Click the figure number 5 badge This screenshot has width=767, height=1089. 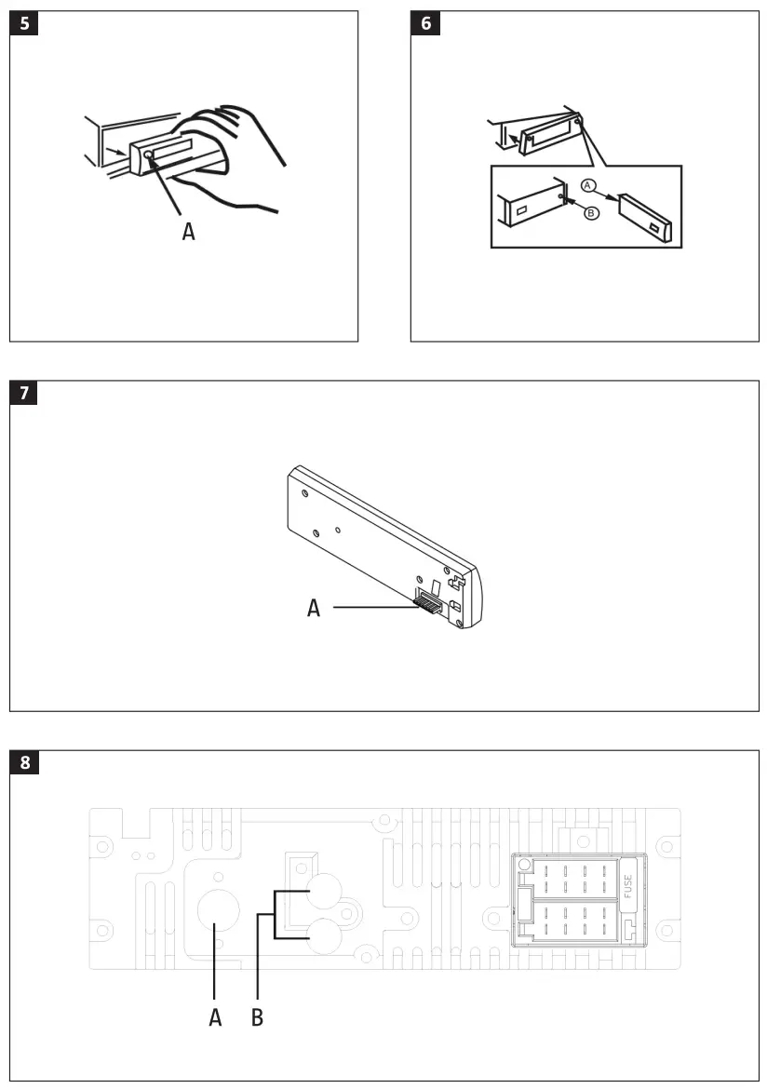[x=25, y=23]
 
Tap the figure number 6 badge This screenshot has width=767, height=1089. [x=426, y=23]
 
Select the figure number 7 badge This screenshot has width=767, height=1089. [x=25, y=393]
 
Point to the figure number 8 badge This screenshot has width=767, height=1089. [x=25, y=763]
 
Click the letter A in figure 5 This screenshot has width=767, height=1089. [x=189, y=231]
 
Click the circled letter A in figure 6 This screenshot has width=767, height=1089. [x=587, y=185]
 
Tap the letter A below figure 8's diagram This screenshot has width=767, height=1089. [x=215, y=1017]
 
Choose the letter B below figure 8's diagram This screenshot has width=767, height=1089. [x=258, y=1017]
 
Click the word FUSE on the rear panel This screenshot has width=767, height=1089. [x=628, y=885]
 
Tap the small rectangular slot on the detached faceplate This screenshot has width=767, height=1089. [x=658, y=228]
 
